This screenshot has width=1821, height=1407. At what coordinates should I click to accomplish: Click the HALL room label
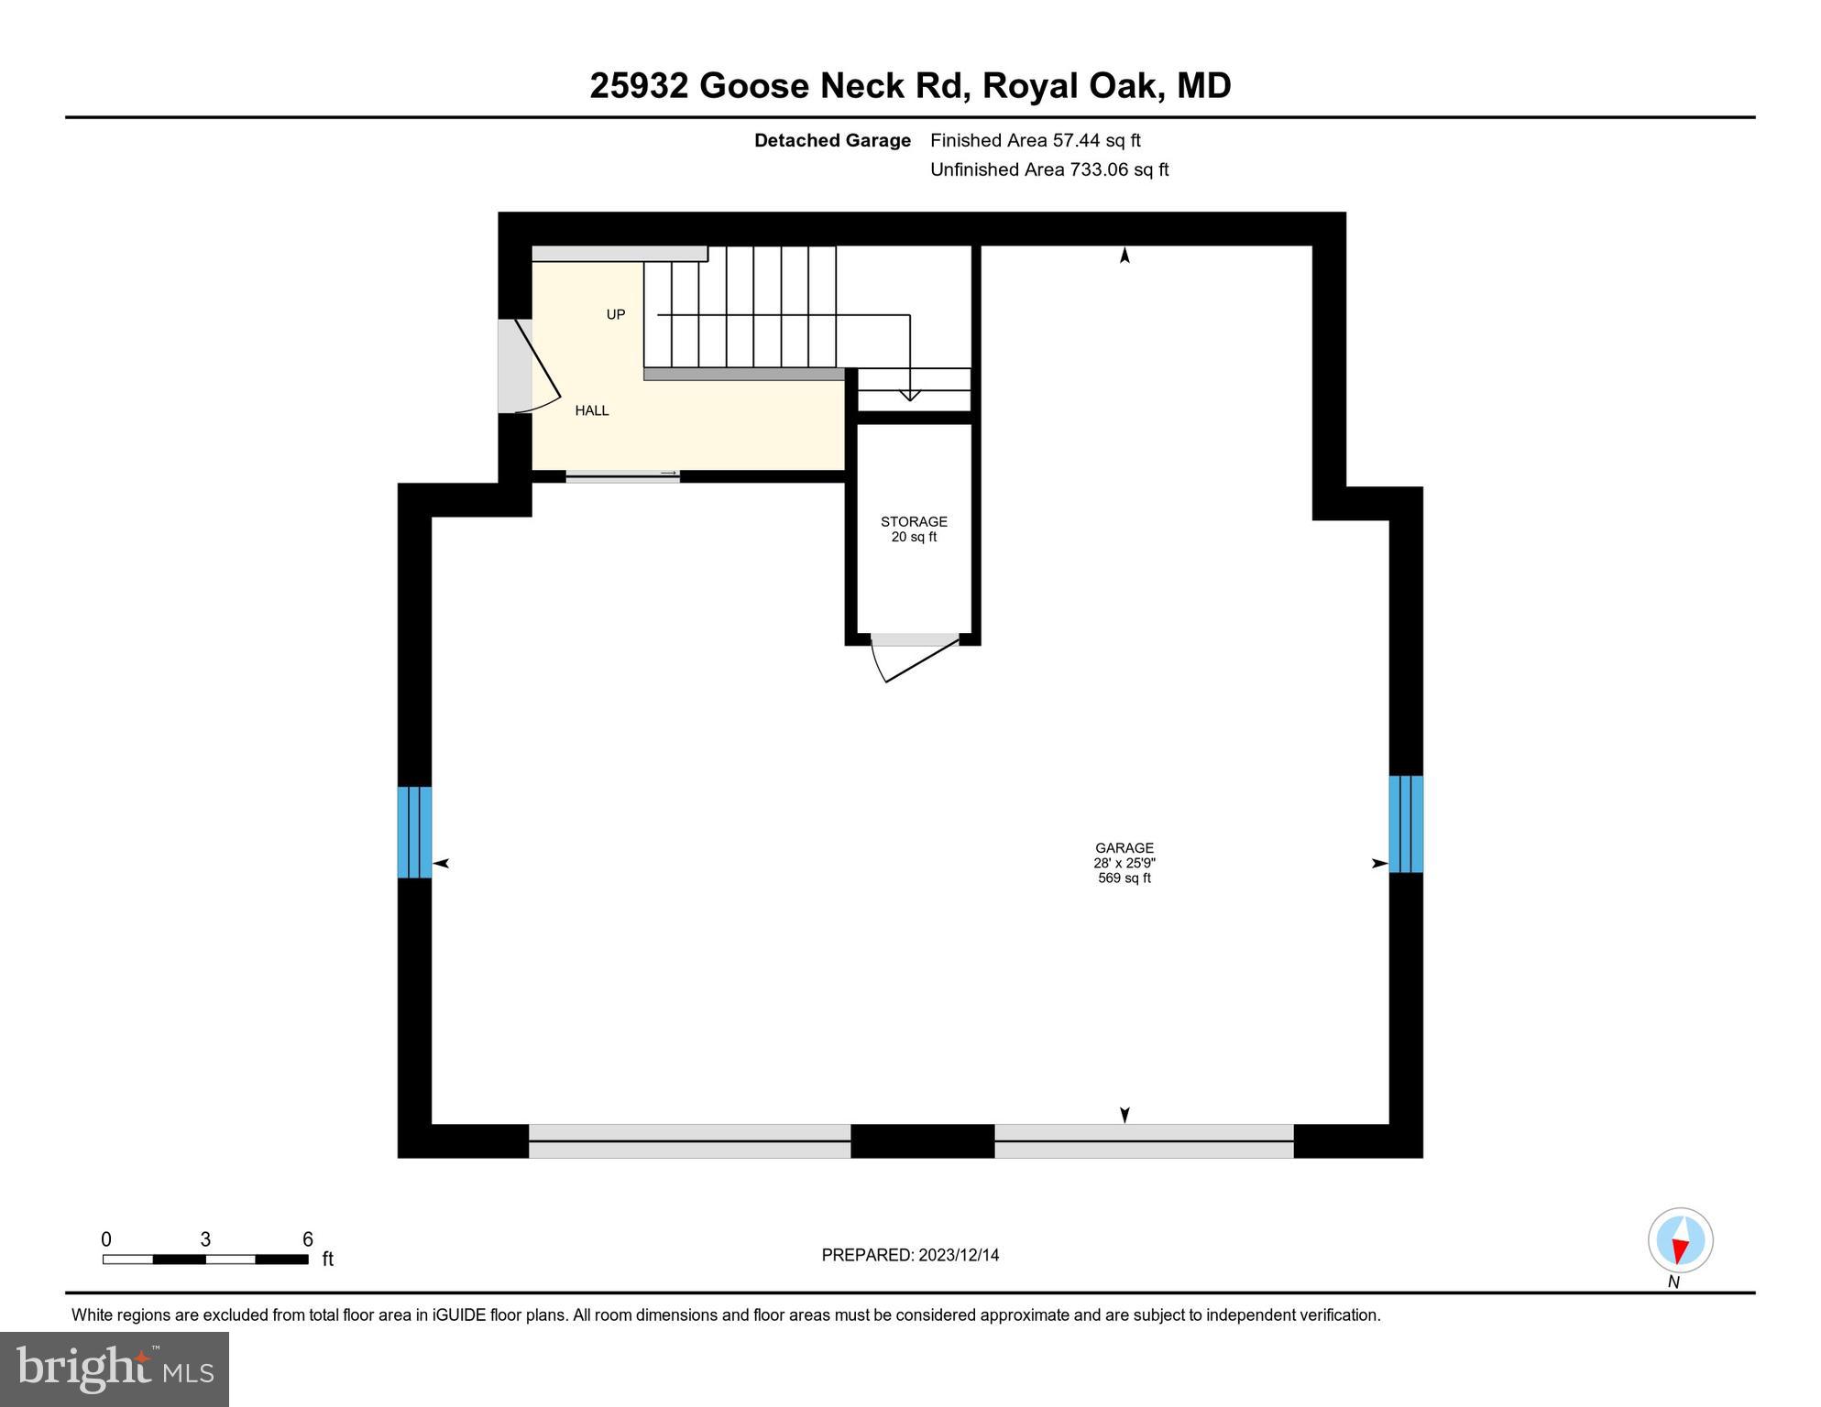click(x=591, y=410)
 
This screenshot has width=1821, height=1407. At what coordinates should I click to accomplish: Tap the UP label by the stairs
click(x=615, y=314)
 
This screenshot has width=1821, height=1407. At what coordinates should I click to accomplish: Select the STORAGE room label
click(x=914, y=521)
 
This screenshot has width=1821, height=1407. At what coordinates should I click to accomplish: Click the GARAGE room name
click(x=1124, y=848)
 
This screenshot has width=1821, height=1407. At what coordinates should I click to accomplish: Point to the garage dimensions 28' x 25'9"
click(x=1124, y=863)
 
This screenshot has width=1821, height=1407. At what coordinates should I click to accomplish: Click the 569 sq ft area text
click(x=1124, y=878)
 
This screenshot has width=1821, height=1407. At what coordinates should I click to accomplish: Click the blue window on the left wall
click(x=414, y=832)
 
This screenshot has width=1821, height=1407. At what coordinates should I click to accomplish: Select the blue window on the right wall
click(x=1405, y=823)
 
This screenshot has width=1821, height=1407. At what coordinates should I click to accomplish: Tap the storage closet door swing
click(x=912, y=659)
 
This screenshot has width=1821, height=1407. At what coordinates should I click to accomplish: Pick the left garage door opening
click(x=689, y=1140)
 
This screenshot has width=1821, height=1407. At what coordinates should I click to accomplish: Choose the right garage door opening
click(x=1143, y=1140)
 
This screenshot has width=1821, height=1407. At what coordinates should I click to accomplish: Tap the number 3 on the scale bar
click(x=205, y=1239)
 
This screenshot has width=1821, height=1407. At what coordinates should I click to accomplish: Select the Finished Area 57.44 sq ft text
click(x=1035, y=140)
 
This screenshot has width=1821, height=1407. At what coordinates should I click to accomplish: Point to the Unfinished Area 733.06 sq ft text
click(x=1048, y=169)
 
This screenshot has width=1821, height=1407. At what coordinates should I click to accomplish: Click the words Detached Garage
click(x=831, y=140)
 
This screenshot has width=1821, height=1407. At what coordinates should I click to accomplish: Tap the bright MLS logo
click(x=115, y=1369)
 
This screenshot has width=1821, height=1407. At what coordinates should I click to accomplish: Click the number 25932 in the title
click(x=639, y=86)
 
